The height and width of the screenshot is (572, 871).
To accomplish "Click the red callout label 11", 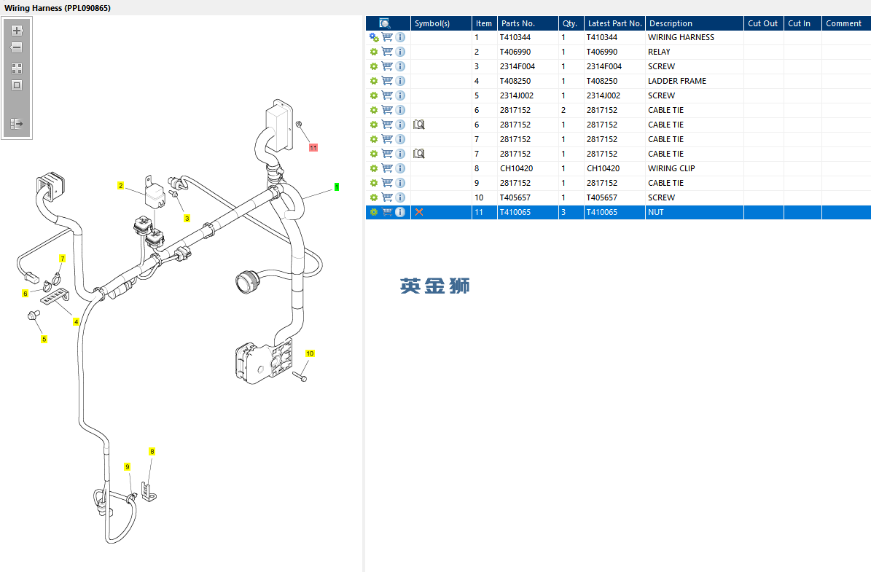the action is point(313,148).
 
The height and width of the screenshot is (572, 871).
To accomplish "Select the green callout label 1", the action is point(337,187).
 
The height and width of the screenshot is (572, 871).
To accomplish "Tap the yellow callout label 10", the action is point(310,353).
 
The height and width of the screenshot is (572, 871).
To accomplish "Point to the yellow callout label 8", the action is point(152,452).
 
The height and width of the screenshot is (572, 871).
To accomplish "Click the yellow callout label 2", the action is point(120,186).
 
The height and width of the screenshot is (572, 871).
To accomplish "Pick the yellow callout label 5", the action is point(44,339).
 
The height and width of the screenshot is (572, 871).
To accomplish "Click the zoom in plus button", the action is point(17,31).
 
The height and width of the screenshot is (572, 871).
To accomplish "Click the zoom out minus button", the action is point(17,48).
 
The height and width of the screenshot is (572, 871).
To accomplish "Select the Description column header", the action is point(671,23).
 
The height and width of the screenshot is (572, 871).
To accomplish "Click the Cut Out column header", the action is point(762,23).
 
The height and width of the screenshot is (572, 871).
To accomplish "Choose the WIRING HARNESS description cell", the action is point(681,37).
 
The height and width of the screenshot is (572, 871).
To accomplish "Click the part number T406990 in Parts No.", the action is point(515,52).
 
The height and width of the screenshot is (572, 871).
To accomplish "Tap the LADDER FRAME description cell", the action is point(677,81).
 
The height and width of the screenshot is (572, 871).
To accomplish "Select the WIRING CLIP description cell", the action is point(671,168).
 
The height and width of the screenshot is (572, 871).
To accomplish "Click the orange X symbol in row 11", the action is point(419,212).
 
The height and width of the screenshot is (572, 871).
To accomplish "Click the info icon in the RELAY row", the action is point(400,52).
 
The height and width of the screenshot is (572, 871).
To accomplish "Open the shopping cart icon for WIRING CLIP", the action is point(387,168).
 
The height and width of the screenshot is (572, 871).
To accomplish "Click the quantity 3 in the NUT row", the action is point(563,212).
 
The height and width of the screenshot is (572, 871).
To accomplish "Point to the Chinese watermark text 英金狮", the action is point(435,286).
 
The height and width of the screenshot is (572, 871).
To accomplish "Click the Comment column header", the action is point(843,23).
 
